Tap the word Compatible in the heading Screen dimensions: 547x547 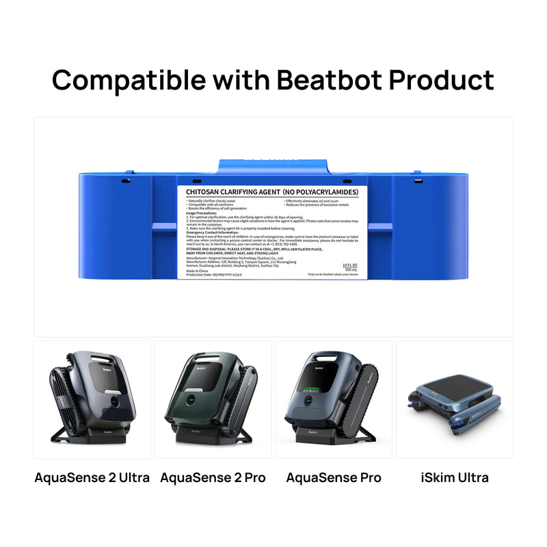pos(127,80)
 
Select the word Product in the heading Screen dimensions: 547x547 pos(440,80)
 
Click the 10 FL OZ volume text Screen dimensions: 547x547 pos(350,265)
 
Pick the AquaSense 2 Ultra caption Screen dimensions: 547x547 pos(92,477)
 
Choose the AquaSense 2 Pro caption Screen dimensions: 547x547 pos(213,477)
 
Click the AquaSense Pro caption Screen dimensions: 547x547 pos(334,477)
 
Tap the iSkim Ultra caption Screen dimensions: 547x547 pos(455,477)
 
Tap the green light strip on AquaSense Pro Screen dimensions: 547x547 pos(317,390)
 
